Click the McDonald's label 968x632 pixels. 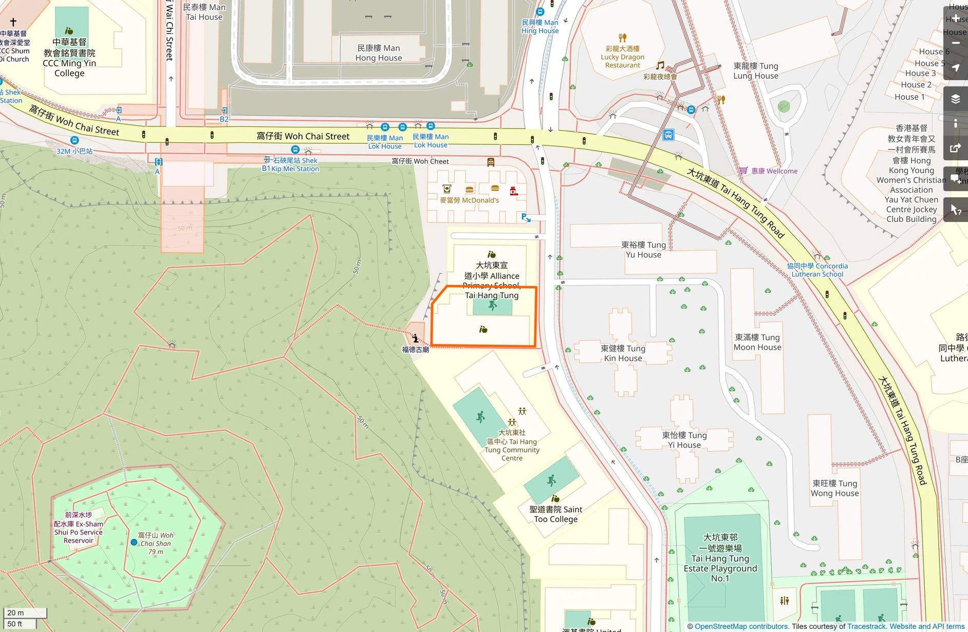coord(469,200)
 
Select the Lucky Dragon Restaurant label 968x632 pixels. coord(622,57)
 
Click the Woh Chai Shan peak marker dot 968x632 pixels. coord(134,542)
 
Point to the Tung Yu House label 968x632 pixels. coord(643,250)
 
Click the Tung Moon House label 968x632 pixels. coord(757,342)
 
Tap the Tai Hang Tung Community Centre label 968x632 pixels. coord(512,445)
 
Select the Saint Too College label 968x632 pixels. coord(555,514)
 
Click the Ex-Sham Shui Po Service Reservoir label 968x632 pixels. coord(79,528)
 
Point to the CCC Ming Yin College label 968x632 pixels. coord(69,58)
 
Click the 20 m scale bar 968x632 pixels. coord(25,612)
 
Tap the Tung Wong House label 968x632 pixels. coord(834,488)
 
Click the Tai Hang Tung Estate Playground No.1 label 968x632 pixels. coord(720,557)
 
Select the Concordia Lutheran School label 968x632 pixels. coord(817,270)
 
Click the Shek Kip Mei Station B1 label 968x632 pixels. coord(291,164)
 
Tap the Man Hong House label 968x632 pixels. coord(378,53)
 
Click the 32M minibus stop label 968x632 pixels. coord(75,151)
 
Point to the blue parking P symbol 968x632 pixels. coord(524,217)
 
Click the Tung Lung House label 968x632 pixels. coord(755,71)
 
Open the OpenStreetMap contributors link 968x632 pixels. coord(741,626)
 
